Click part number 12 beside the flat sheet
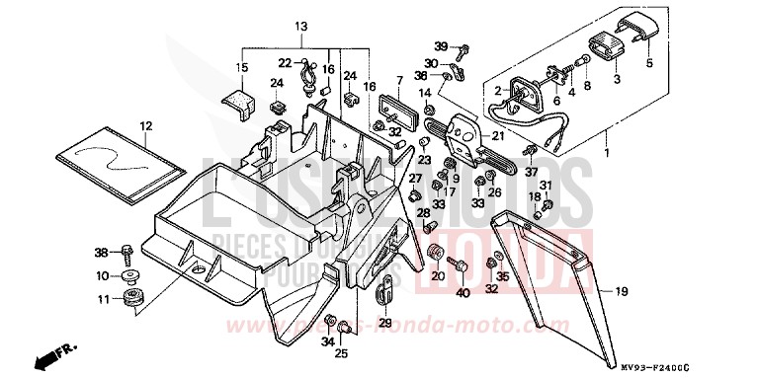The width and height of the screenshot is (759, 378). click(x=145, y=125)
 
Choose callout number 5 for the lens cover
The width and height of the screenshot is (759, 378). click(x=649, y=63)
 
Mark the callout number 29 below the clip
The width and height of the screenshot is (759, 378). click(x=384, y=323)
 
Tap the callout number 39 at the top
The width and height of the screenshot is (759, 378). click(x=441, y=46)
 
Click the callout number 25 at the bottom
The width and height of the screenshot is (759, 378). click(x=342, y=352)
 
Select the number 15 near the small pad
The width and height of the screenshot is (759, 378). click(x=241, y=67)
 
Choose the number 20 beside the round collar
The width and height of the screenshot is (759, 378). click(x=438, y=277)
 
